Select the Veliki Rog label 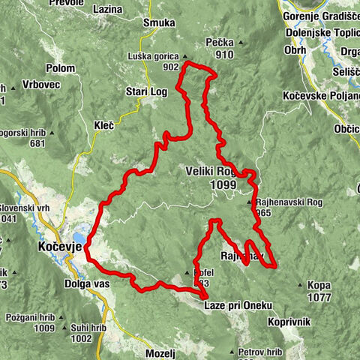click(211, 171)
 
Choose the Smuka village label click(158, 23)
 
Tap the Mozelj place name click(159, 352)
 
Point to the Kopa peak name click(319, 286)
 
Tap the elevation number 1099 click(223, 184)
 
